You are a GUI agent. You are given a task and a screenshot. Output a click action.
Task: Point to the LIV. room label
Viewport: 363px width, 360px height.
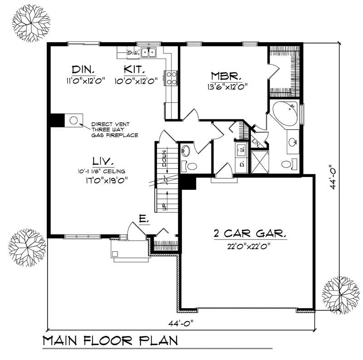coord(102,161)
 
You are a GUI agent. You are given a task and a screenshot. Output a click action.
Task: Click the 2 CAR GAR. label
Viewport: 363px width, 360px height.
coord(250,235)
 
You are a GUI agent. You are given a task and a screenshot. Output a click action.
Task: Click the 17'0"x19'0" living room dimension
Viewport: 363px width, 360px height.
coord(102,180)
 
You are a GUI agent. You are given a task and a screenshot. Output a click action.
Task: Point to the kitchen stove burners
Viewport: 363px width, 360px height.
coord(172,78)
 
